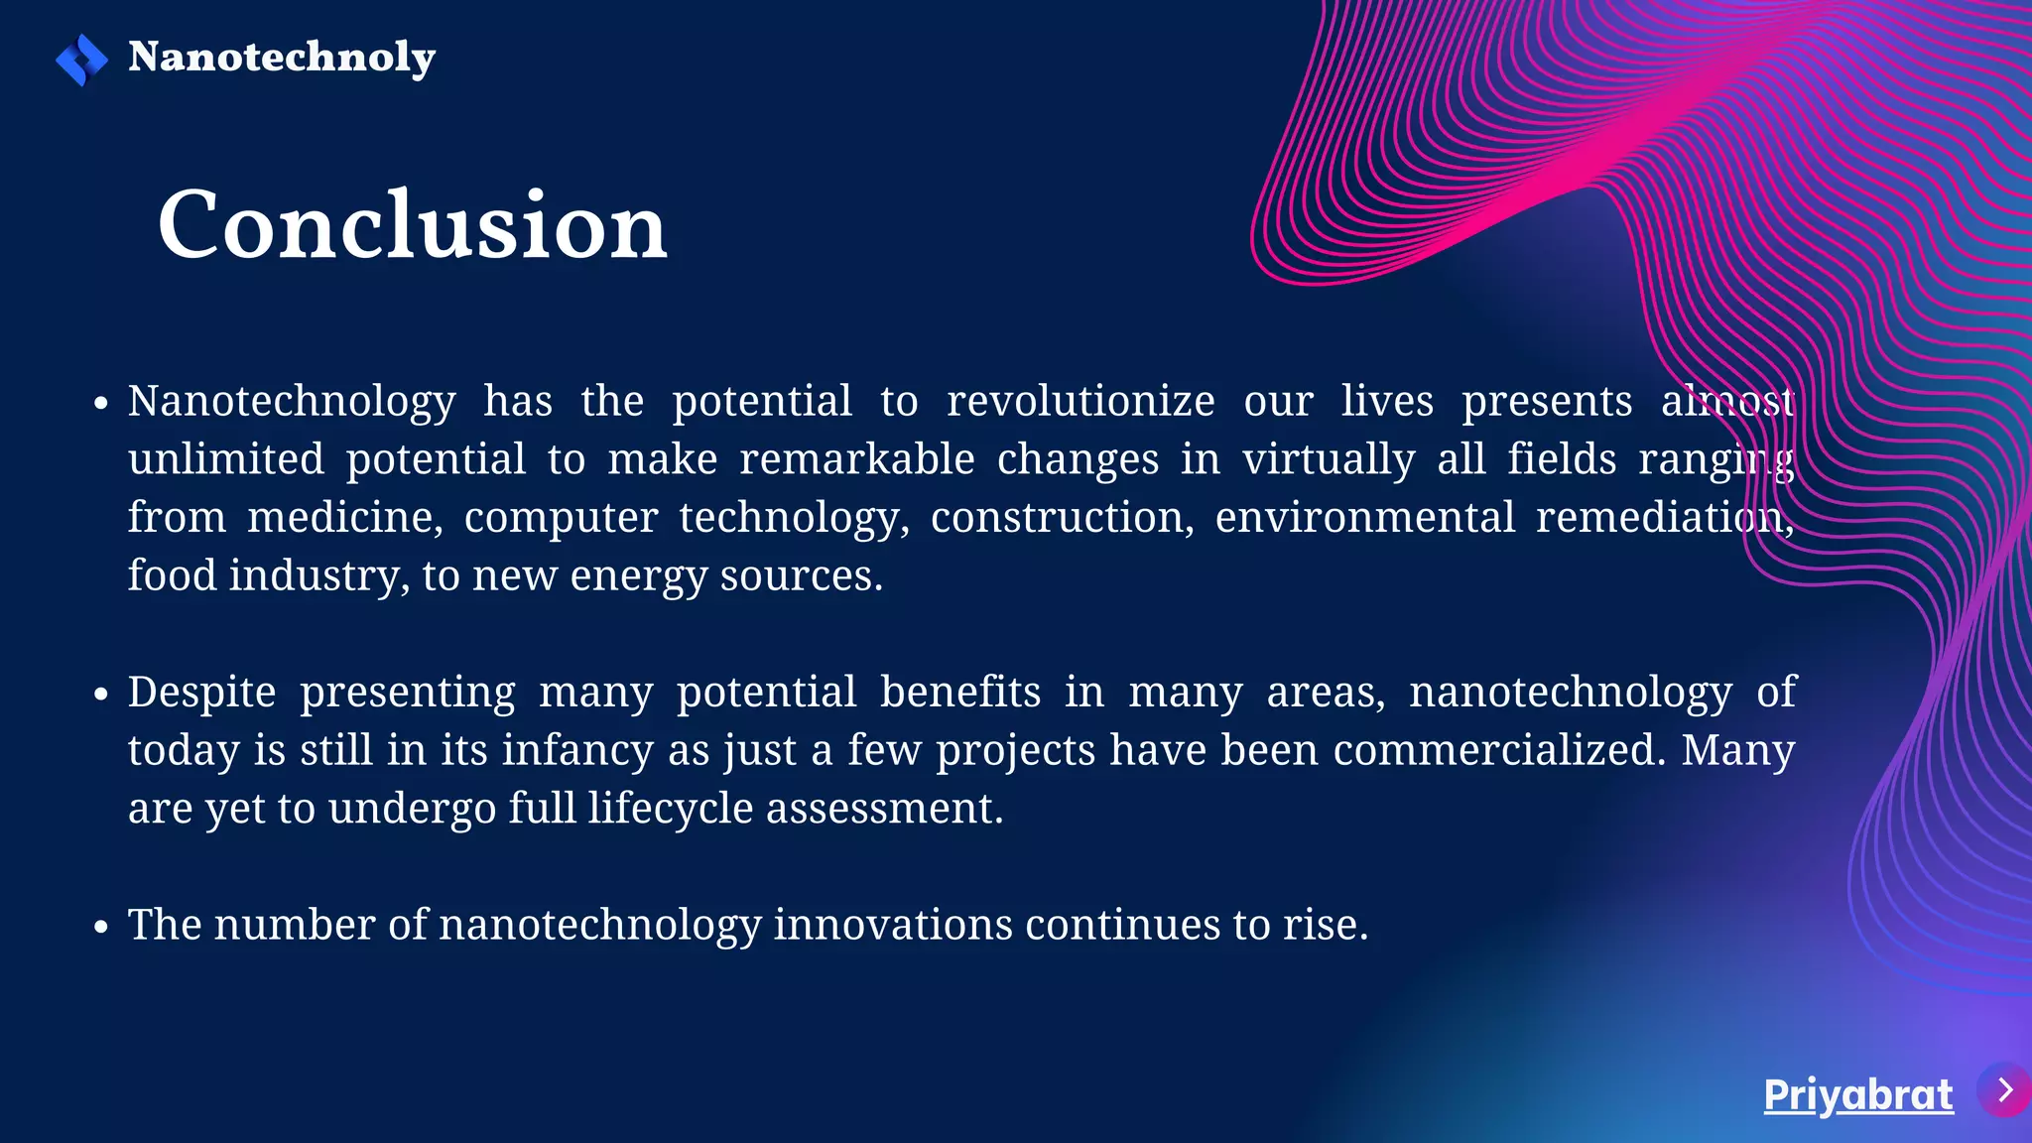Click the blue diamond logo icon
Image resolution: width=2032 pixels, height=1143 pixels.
click(81, 60)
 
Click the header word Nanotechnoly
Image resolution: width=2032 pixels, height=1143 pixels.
click(282, 58)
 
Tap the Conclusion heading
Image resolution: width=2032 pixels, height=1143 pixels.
click(412, 226)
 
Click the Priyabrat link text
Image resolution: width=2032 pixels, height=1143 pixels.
click(1857, 1095)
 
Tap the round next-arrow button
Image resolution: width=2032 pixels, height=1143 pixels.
click(2004, 1090)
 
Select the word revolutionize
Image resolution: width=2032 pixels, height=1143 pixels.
click(1080, 402)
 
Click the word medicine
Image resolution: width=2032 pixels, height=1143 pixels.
click(344, 518)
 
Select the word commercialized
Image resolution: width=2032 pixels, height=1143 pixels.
click(1499, 751)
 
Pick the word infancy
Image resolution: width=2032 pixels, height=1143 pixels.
click(578, 751)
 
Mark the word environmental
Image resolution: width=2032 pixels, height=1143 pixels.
click(1365, 518)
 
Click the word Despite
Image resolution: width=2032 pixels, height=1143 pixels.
click(201, 693)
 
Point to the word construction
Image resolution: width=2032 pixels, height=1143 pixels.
click(1062, 518)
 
